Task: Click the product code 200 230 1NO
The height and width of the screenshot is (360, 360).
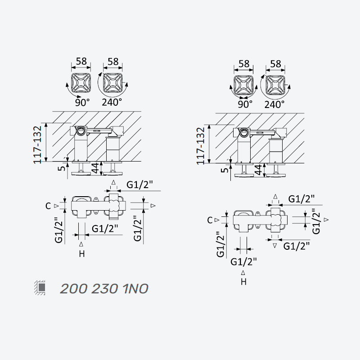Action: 104,288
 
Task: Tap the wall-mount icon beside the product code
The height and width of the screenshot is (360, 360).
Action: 40,288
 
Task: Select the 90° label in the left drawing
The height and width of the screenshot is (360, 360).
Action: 82,103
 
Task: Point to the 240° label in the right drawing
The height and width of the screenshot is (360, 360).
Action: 274,104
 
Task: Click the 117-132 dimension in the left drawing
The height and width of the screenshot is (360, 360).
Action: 38,144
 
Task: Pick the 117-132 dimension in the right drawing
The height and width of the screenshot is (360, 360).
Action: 201,146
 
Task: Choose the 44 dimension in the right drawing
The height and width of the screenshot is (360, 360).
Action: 258,170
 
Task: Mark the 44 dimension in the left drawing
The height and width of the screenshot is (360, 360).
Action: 95,168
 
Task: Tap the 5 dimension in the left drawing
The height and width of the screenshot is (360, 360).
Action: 61,168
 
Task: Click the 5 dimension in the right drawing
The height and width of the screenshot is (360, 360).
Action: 224,170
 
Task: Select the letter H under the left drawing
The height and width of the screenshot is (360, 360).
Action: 82,254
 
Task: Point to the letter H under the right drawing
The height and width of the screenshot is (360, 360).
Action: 243,282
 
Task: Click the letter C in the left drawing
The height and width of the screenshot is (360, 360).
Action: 48,206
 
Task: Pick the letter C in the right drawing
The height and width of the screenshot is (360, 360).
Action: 210,220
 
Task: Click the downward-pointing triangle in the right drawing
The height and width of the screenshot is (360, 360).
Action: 275,246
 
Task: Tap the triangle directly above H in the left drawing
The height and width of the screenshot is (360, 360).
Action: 81,244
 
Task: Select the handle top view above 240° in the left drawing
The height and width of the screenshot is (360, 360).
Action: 112,83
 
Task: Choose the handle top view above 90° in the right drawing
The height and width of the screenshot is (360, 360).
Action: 243,85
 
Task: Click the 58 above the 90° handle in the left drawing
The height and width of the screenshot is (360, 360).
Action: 81,61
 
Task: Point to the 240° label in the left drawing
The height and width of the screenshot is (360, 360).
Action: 112,103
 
